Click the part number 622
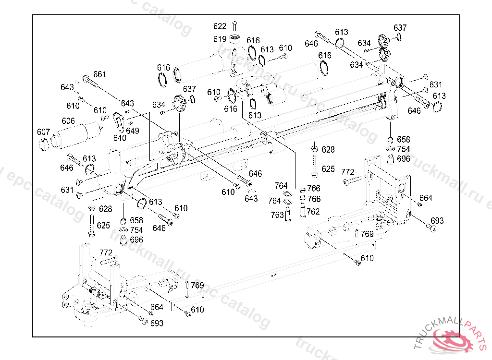(x=220, y=26)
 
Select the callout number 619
(x=220, y=39)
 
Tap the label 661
(x=99, y=74)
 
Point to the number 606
(x=68, y=121)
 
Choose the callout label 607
(x=43, y=132)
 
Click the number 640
(x=120, y=138)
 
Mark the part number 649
(x=133, y=131)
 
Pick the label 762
(x=313, y=211)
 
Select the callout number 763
(x=277, y=215)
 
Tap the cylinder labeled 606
(x=77, y=133)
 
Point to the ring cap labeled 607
(x=44, y=144)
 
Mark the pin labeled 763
(x=288, y=215)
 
